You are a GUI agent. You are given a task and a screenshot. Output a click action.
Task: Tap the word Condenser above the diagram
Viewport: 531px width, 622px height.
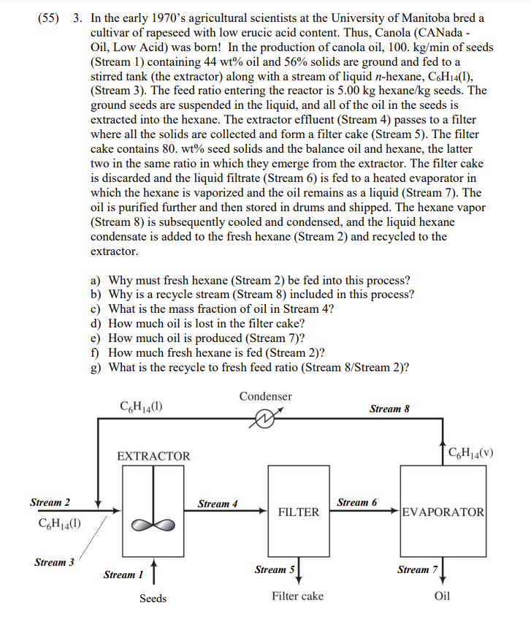tap(265, 396)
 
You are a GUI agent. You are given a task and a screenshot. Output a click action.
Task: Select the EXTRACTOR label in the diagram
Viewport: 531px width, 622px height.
tap(153, 456)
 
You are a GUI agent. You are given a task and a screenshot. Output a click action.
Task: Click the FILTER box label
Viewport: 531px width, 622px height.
tap(299, 512)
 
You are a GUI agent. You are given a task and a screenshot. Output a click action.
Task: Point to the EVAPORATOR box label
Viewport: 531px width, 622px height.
tap(443, 512)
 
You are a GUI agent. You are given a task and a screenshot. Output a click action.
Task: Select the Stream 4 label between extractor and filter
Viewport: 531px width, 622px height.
tap(218, 504)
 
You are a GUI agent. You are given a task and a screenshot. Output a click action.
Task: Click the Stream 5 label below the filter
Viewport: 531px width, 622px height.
tap(274, 569)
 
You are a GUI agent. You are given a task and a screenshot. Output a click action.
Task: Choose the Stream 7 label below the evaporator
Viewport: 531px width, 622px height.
tap(417, 569)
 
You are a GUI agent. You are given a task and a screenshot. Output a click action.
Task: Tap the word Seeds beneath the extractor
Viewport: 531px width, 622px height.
tap(153, 599)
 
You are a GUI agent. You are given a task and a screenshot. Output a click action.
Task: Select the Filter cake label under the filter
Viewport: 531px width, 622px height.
tap(297, 596)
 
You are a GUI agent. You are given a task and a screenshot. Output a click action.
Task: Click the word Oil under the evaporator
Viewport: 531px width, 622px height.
tap(442, 596)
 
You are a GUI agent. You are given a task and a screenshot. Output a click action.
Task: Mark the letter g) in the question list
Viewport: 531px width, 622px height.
tap(96, 368)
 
